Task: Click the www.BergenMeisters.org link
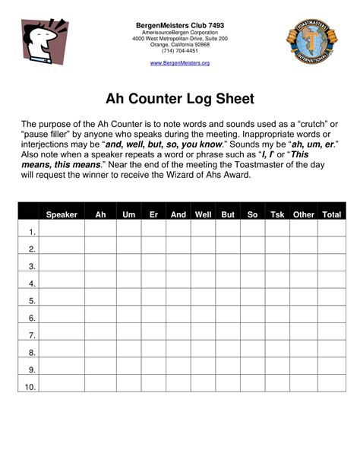point(179,62)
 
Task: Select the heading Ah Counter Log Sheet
point(179,100)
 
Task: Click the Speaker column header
point(62,215)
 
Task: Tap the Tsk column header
point(277,215)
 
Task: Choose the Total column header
point(331,215)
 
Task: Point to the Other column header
point(304,215)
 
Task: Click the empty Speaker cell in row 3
point(62,267)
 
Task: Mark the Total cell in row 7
point(331,335)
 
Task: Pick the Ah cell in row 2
point(100,249)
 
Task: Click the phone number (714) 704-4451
point(180,51)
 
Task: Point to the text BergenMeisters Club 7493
point(180,25)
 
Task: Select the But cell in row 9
point(227,370)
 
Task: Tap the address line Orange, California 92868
point(180,45)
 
